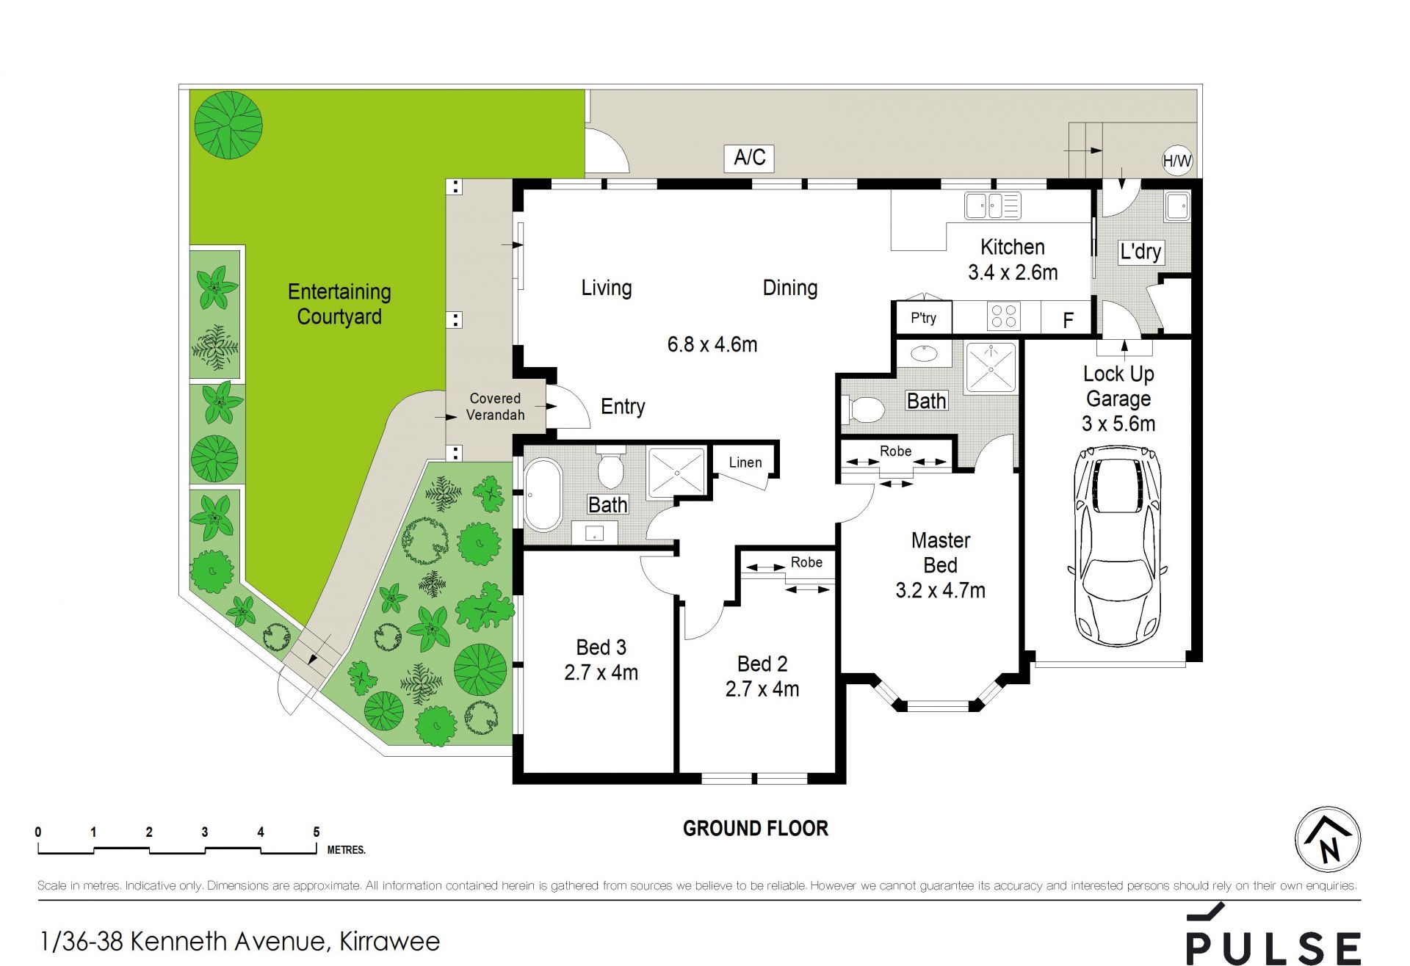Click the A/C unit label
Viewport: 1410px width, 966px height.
click(750, 157)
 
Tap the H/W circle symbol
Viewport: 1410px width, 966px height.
click(1177, 160)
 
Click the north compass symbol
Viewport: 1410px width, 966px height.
click(1328, 839)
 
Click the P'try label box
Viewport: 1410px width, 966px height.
click(924, 318)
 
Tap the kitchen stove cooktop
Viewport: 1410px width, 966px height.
click(1003, 316)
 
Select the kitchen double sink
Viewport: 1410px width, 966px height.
click(993, 206)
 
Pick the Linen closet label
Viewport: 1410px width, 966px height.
click(745, 462)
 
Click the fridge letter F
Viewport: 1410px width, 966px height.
click(1069, 320)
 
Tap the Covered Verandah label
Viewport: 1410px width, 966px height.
click(496, 407)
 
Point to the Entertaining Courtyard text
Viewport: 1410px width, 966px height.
click(339, 304)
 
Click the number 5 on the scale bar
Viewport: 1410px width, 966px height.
click(317, 832)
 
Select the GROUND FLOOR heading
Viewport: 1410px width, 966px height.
click(756, 829)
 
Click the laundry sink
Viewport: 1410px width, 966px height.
click(1177, 206)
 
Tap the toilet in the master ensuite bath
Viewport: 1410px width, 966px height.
click(864, 410)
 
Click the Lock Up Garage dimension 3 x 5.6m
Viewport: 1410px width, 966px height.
click(1118, 424)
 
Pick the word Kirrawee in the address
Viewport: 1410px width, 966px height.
click(390, 941)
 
